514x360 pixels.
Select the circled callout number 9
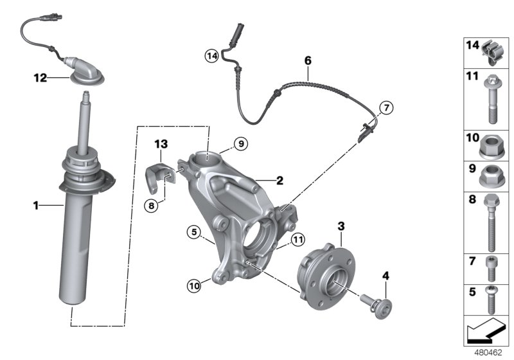coord(240,145)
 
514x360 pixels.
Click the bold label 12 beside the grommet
coord(41,78)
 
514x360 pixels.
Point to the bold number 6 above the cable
coord(308,60)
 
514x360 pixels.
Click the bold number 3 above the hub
coord(341,226)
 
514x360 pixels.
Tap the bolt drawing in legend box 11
coord(492,98)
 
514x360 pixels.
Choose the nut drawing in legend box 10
coord(492,147)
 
